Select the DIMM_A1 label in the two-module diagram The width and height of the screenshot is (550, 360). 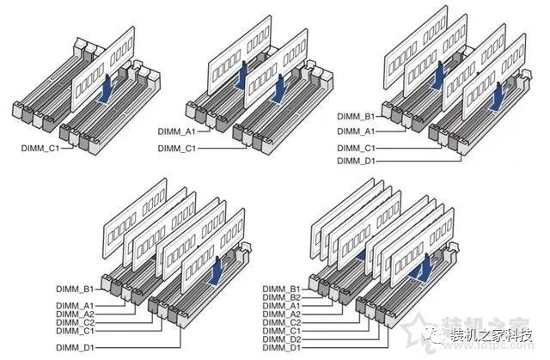click(x=176, y=131)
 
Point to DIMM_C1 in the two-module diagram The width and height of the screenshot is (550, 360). click(x=176, y=149)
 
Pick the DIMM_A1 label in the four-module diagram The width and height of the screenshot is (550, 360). click(x=355, y=131)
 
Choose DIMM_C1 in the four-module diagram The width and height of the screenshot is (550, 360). click(x=355, y=148)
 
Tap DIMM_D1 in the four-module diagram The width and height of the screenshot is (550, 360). click(x=355, y=161)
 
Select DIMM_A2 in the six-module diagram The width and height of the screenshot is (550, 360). click(x=75, y=314)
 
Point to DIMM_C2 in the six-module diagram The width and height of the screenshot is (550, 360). click(x=75, y=322)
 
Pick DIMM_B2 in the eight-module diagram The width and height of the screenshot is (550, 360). click(x=282, y=296)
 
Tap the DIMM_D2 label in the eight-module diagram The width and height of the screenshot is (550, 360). click(x=282, y=338)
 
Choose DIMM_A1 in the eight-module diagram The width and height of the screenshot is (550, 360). click(x=282, y=305)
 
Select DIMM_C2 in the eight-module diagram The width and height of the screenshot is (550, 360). click(x=282, y=321)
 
